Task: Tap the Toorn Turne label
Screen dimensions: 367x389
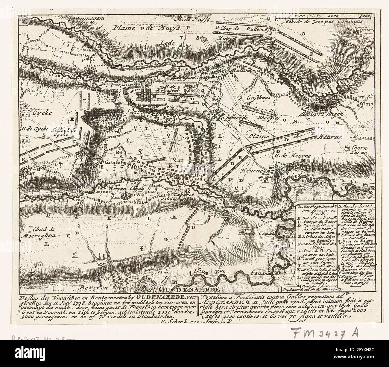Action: point(358,150)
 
